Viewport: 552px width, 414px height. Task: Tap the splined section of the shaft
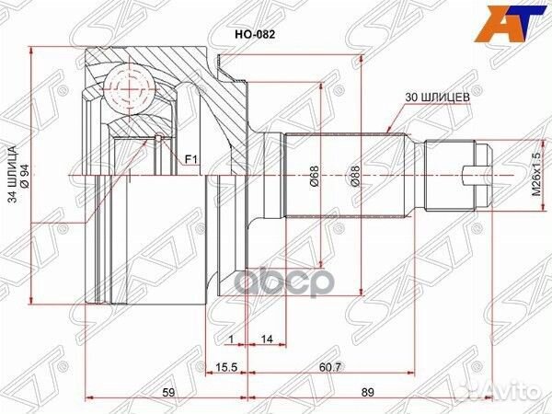(345, 175)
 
